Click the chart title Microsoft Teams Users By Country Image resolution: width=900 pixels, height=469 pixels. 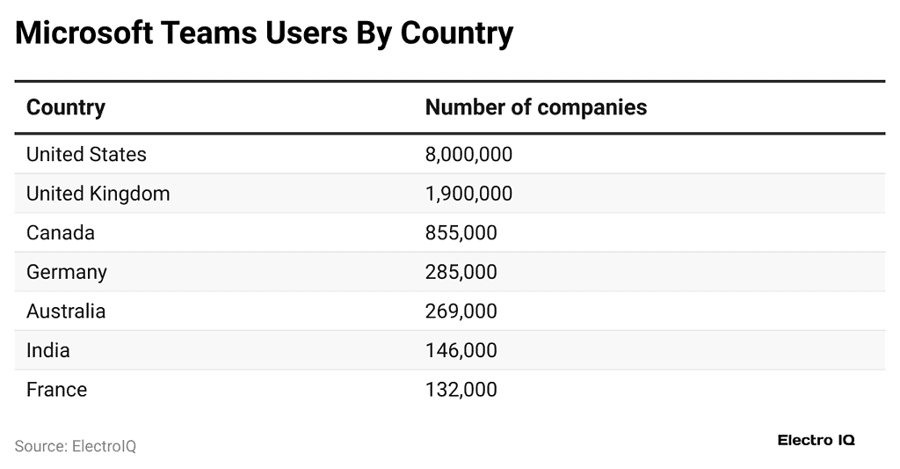click(264, 33)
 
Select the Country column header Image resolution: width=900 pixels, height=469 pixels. click(66, 107)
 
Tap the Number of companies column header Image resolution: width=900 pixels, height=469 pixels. click(535, 107)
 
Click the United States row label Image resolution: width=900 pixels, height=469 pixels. click(86, 154)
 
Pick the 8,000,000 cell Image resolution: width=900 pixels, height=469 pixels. click(468, 154)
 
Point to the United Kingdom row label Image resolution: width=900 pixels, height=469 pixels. click(98, 194)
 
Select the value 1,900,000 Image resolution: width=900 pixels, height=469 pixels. click(468, 194)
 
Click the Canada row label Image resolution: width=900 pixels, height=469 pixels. click(60, 233)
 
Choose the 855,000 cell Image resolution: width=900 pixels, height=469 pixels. click(461, 233)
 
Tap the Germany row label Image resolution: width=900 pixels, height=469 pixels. click(67, 272)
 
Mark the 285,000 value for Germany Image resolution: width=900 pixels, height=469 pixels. click(461, 272)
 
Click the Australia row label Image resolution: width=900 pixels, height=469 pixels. click(66, 311)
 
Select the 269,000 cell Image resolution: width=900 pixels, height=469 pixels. click(461, 311)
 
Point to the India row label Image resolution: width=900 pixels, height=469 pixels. click(47, 350)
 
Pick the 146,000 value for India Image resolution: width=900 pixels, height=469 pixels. click(461, 350)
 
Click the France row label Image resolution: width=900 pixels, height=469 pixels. click(56, 389)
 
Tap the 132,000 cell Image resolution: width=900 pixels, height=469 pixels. click(461, 389)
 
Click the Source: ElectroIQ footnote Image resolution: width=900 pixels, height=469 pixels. click(76, 446)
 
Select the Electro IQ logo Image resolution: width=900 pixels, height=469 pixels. click(816, 440)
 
